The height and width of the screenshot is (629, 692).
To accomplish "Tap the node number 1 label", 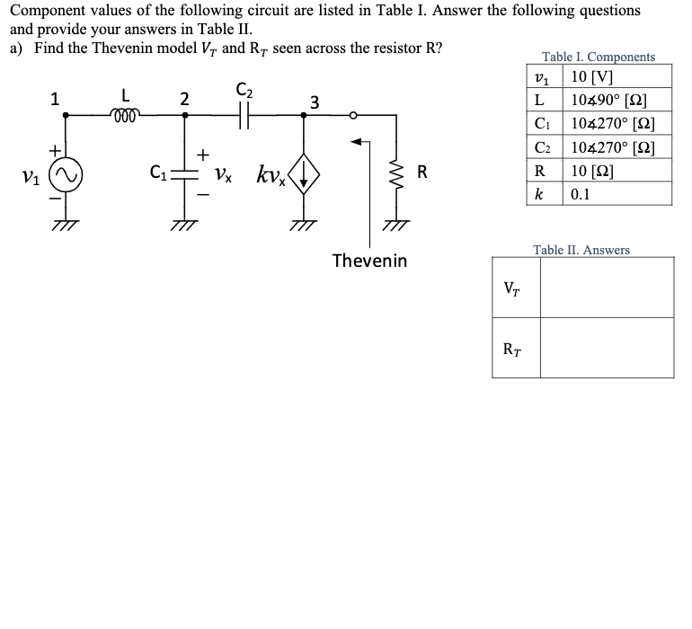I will tap(55, 100).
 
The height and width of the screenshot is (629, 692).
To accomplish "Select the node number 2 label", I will tap(183, 100).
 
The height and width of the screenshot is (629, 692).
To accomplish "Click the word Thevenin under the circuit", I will tap(368, 261).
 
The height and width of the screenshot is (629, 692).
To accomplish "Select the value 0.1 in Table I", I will tap(582, 193).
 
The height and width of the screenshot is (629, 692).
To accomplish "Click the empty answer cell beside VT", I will tap(606, 288).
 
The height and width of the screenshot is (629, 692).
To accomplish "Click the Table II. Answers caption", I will tap(581, 250).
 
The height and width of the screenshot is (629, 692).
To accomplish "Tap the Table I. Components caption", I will tap(599, 57).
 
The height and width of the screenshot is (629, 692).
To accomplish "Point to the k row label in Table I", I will tap(539, 193).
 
